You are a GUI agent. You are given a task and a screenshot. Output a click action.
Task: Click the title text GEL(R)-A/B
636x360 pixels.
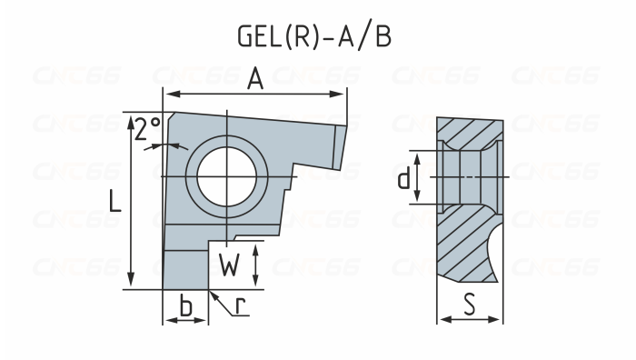click(314, 36)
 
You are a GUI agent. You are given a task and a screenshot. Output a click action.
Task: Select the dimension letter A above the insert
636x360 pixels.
click(255, 79)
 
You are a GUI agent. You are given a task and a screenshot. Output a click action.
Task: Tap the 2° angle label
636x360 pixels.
click(147, 129)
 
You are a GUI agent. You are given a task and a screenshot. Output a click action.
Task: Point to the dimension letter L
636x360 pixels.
click(115, 201)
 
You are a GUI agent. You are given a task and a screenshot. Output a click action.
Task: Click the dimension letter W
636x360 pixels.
click(229, 265)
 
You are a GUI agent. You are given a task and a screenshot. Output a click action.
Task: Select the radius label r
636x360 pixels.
click(241, 306)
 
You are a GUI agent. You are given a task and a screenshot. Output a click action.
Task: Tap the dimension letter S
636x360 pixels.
click(470, 305)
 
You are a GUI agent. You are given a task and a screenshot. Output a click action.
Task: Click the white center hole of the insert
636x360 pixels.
click(227, 177)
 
